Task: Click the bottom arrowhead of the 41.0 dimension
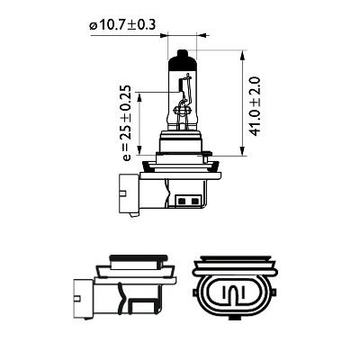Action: tap(246, 149)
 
